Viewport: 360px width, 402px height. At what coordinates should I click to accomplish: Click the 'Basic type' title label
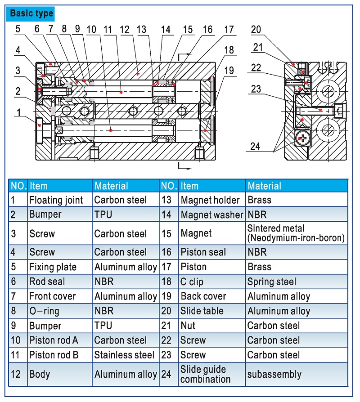31,13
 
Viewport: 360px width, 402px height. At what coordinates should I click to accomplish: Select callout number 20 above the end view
256,30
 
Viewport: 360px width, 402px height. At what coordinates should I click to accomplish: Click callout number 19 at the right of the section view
229,70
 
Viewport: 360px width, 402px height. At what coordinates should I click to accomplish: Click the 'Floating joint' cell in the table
56,200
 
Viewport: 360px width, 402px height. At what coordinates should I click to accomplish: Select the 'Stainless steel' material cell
124,355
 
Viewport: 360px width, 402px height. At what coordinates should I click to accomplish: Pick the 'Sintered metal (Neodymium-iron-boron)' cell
296,233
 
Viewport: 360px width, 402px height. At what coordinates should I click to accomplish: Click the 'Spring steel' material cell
271,282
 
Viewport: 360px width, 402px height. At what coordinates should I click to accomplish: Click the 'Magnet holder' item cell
208,200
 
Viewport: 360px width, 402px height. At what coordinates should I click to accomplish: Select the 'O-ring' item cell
44,311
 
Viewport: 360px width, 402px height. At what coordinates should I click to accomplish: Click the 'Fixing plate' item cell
53,267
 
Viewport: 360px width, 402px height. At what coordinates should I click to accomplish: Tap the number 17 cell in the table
166,267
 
